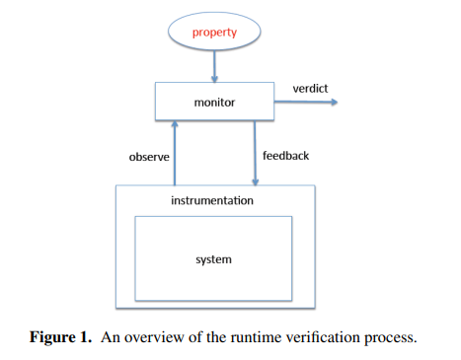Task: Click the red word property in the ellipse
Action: [x=214, y=33]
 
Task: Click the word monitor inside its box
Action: [x=214, y=102]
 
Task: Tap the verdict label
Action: [x=310, y=89]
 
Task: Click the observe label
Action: [x=150, y=156]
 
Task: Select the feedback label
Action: [x=285, y=156]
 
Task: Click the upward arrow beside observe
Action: [x=175, y=153]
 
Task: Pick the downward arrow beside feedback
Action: [x=256, y=153]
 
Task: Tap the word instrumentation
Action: [x=212, y=200]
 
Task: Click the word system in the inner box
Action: [x=213, y=258]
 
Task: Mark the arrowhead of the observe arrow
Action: [x=175, y=125]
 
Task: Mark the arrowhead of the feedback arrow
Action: [x=256, y=180]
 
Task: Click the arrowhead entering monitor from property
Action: [x=214, y=79]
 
